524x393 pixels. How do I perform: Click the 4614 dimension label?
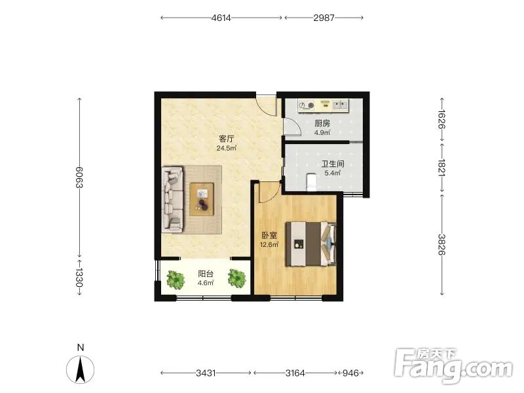[x=221, y=18]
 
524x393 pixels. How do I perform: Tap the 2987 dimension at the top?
[x=324, y=18]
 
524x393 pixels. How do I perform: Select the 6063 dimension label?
[x=79, y=177]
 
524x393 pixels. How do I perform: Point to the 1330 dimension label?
[x=79, y=278]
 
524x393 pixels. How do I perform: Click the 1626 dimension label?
[x=441, y=119]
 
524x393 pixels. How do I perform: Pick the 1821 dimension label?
[x=441, y=168]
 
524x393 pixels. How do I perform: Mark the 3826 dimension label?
[x=441, y=244]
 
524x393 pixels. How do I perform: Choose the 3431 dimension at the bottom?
[x=206, y=373]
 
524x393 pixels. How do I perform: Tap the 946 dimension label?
[x=350, y=373]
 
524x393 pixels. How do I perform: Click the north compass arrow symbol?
[x=80, y=369]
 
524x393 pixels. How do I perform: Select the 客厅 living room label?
[x=226, y=138]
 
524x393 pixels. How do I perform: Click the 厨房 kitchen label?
[x=322, y=123]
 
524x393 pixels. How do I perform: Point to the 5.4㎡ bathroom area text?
[x=333, y=173]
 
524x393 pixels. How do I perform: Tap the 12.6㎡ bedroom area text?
[x=269, y=244]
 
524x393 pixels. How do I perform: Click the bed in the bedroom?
[x=310, y=244]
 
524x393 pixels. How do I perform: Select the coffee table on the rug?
[x=202, y=199]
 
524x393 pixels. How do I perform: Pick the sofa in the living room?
[x=173, y=200]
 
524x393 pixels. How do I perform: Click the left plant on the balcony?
[x=176, y=280]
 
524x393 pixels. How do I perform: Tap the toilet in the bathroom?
[x=311, y=182]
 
